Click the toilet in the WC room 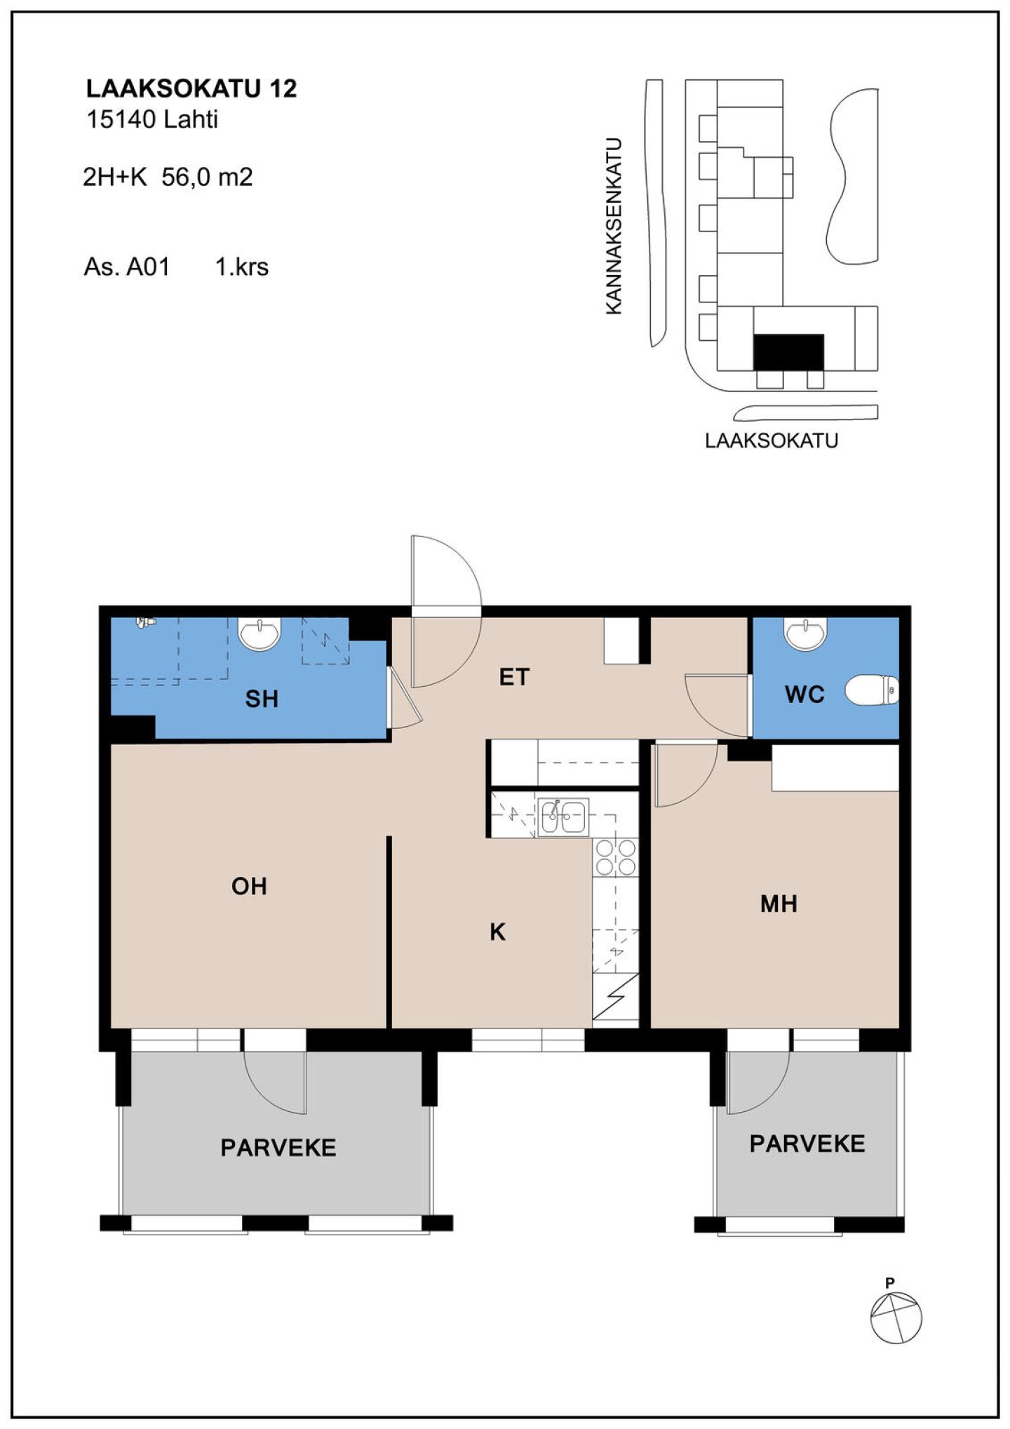872,691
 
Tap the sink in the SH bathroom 260,633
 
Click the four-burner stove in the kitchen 616,857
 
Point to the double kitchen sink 563,817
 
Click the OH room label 249,886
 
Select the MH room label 779,904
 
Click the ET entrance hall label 514,677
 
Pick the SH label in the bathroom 262,699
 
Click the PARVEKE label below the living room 278,1148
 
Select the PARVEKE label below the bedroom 807,1144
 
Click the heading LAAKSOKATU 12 191,88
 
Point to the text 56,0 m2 207,177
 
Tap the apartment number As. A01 127,267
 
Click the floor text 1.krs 242,267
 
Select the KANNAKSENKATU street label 614,226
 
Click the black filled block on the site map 788,352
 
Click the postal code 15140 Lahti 152,119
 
